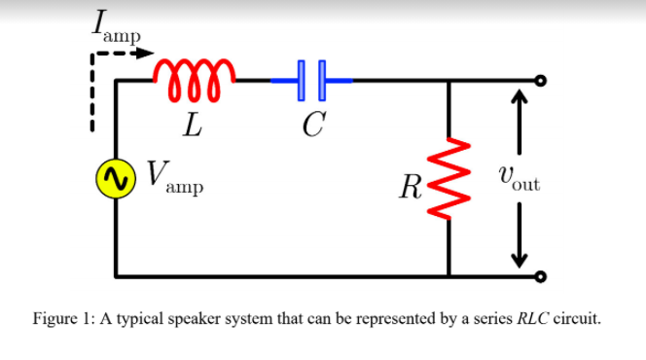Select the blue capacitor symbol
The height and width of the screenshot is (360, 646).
pos(312,82)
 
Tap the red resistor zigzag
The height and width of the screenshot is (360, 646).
pos(449,179)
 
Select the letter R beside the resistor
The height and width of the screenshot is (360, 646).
pos(413,185)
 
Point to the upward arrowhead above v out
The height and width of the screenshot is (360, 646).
pos(519,98)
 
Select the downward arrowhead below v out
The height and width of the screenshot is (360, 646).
pos(519,259)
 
